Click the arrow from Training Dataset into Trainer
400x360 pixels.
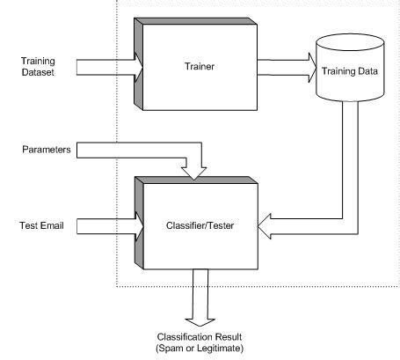click(x=106, y=65)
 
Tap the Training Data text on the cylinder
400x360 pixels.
click(x=351, y=71)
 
